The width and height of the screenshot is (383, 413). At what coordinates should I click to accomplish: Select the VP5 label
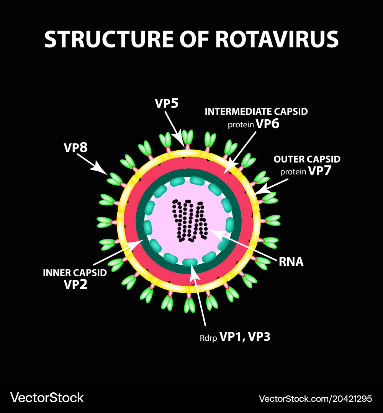(167, 104)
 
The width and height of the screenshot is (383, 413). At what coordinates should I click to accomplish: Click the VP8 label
(75, 148)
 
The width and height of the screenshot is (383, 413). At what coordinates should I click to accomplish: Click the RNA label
(291, 262)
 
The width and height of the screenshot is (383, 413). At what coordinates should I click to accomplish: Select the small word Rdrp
(207, 337)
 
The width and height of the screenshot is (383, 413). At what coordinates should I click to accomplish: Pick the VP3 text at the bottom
(259, 337)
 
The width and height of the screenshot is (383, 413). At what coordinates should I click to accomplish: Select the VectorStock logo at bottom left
(47, 398)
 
